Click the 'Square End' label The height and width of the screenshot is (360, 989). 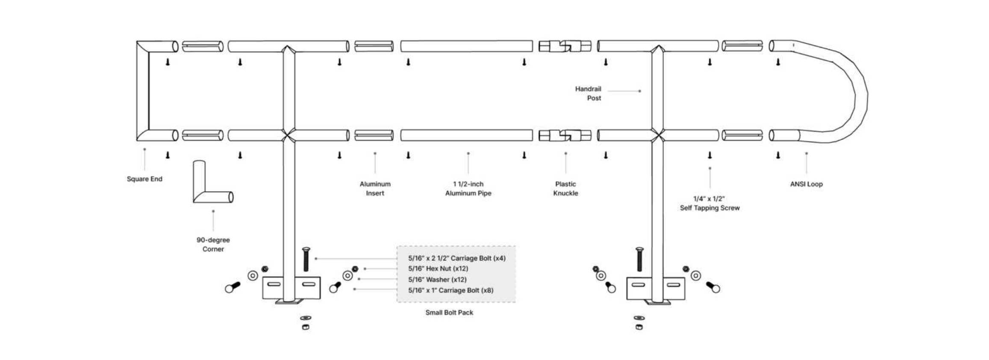click(144, 179)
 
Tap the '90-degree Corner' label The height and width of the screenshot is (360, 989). click(213, 245)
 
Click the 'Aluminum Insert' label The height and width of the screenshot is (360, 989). click(375, 189)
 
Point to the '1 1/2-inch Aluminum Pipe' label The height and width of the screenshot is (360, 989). click(468, 189)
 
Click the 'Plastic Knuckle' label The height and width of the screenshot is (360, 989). click(565, 189)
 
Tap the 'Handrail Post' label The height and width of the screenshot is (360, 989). click(589, 93)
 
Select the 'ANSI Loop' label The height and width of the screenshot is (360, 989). click(806, 184)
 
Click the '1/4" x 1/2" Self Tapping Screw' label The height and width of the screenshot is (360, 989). click(709, 204)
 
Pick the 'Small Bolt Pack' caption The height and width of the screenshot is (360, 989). click(449, 313)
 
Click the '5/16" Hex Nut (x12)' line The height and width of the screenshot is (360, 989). click(438, 269)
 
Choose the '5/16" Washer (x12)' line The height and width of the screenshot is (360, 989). click(437, 280)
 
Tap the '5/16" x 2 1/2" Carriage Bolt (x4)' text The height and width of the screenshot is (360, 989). click(457, 258)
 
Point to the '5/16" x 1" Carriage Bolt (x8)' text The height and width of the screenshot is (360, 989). click(450, 290)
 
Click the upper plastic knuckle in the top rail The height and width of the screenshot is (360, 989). click(565, 46)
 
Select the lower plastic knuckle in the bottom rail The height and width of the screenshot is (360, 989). click(565, 136)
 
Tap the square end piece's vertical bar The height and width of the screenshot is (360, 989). click(143, 91)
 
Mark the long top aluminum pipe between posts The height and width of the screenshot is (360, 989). click(466, 46)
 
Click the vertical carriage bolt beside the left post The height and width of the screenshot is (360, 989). click(306, 259)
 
